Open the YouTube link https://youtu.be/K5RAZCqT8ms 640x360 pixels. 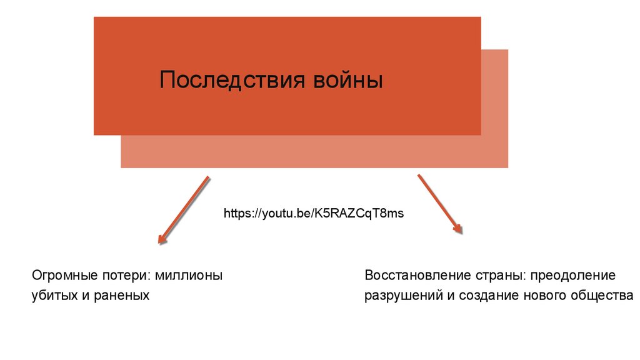tap(314, 214)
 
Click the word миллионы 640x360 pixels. tap(189, 276)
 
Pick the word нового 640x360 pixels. tap(542, 296)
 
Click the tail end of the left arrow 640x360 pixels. tap(207, 178)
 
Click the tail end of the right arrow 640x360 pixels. tap(419, 176)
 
